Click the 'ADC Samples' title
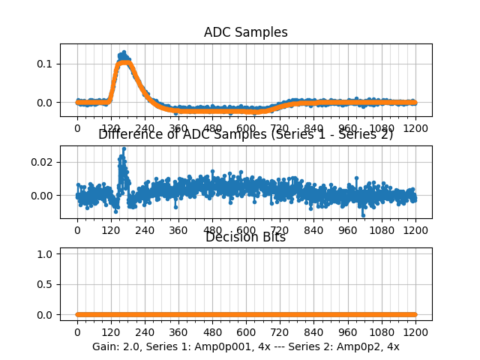point(245,32)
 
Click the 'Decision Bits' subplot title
point(245,237)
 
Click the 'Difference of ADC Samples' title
point(245,134)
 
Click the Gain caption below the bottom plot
point(245,346)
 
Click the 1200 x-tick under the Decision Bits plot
point(415,332)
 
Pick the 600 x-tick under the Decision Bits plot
point(246,332)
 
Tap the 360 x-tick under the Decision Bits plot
point(178,332)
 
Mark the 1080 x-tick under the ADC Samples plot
point(382,127)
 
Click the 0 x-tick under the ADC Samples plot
point(76,127)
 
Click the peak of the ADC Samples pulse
point(124,52)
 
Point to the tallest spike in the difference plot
point(124,148)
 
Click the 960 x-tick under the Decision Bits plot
point(348,332)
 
